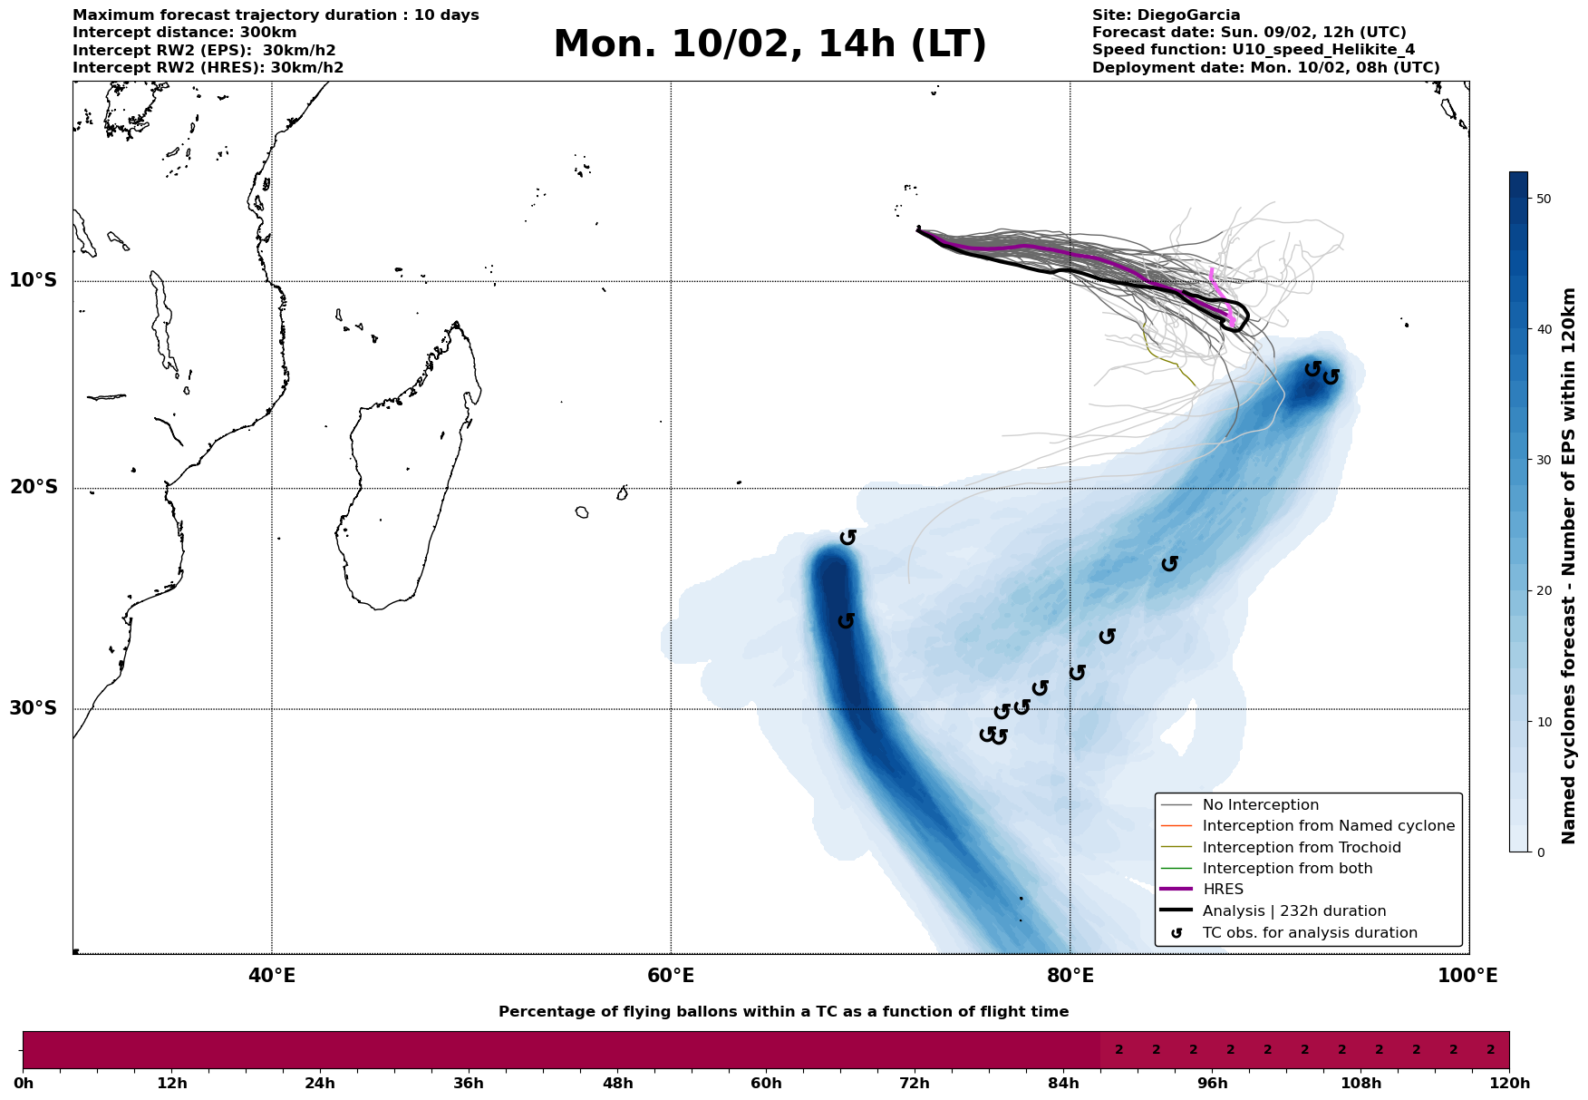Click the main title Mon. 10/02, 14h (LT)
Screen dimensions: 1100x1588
(x=770, y=45)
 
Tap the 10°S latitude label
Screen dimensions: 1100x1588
(x=34, y=280)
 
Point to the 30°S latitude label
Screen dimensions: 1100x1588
(x=34, y=708)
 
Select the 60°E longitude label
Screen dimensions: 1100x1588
(x=671, y=976)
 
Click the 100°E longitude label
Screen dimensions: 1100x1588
(x=1468, y=976)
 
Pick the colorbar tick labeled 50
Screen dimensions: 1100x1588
(x=1542, y=199)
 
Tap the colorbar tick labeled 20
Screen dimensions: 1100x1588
(x=1542, y=591)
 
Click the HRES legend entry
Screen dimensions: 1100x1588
(x=1223, y=890)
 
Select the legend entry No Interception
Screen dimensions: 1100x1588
(x=1260, y=805)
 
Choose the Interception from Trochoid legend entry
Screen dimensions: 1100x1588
(x=1301, y=848)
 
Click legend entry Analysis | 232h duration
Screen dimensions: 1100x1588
(x=1293, y=911)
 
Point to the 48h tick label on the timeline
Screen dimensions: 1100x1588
(x=617, y=1084)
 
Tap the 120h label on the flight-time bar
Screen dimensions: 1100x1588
(x=1509, y=1084)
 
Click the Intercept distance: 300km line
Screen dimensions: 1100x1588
(x=184, y=33)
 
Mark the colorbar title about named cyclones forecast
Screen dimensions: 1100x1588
(x=1570, y=566)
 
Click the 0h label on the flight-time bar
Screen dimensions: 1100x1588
(x=24, y=1084)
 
